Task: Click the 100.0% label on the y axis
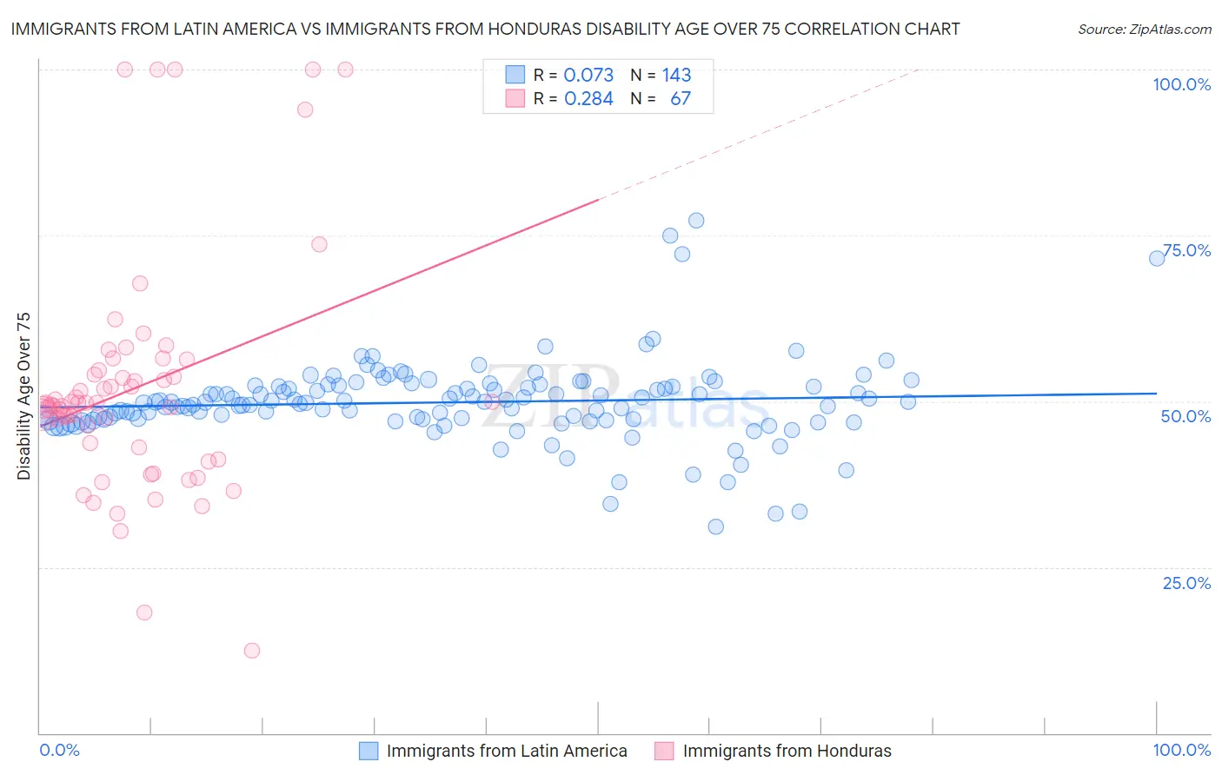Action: tap(1181, 84)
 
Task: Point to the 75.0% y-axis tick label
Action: tap(1186, 250)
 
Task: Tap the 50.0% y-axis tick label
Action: tap(1185, 416)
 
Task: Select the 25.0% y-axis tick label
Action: tap(1186, 583)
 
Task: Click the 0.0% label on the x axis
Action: tap(59, 750)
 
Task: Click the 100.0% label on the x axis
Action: tap(1181, 750)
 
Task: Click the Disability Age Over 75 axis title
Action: tap(23, 395)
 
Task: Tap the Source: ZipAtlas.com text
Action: tap(1144, 29)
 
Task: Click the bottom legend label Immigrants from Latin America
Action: tap(507, 751)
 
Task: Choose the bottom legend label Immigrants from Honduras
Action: tap(787, 751)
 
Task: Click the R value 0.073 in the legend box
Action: tap(588, 75)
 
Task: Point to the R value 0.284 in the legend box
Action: tap(588, 98)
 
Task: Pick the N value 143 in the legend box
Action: tap(676, 75)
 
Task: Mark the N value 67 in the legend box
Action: tap(681, 98)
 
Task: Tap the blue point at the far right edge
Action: tap(1157, 258)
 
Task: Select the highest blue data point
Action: tap(696, 221)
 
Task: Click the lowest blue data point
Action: tap(715, 527)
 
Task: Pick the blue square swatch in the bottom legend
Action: tap(369, 751)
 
